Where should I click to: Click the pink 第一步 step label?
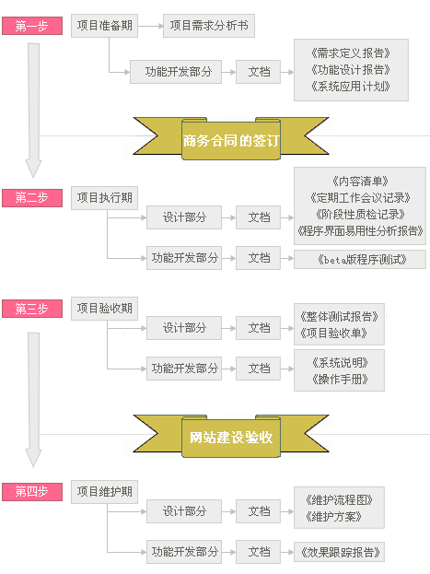click(x=32, y=26)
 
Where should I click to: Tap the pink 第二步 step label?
click(x=32, y=198)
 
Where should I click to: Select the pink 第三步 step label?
click(x=32, y=309)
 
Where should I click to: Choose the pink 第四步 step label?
click(x=32, y=492)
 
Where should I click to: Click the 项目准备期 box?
click(x=105, y=26)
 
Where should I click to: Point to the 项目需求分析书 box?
click(x=209, y=26)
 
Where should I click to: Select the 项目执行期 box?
click(x=105, y=198)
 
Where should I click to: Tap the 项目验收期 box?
click(x=105, y=309)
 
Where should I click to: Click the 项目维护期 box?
click(x=105, y=492)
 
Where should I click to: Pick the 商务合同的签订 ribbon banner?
click(x=231, y=139)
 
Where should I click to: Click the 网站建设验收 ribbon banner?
click(x=231, y=437)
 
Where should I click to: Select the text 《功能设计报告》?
click(x=351, y=69)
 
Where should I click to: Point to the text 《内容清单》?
click(x=360, y=182)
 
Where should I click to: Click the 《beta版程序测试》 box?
click(x=360, y=260)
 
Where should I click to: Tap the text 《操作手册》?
click(x=340, y=380)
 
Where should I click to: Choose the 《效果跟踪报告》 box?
click(x=339, y=552)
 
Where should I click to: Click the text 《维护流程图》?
click(x=339, y=499)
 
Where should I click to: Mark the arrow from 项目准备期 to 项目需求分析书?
click(x=150, y=26)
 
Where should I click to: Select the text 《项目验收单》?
click(x=333, y=334)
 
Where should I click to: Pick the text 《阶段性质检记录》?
click(x=360, y=214)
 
